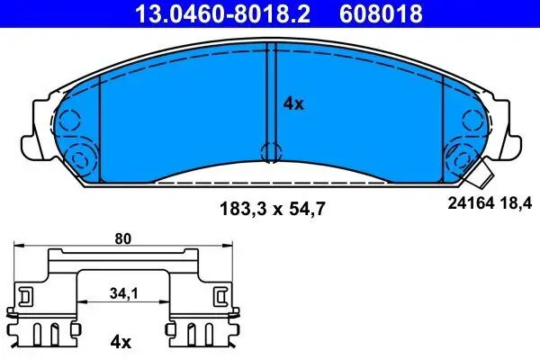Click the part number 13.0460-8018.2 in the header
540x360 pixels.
[x=218, y=13]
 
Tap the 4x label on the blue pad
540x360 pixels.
[x=293, y=103]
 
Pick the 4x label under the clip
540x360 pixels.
[x=120, y=342]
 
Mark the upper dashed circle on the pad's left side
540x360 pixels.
[x=68, y=119]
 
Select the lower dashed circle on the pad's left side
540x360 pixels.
[x=78, y=160]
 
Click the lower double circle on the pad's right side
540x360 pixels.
[x=460, y=160]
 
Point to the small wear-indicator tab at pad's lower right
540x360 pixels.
[x=486, y=172]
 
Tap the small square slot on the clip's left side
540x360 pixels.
[x=26, y=294]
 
